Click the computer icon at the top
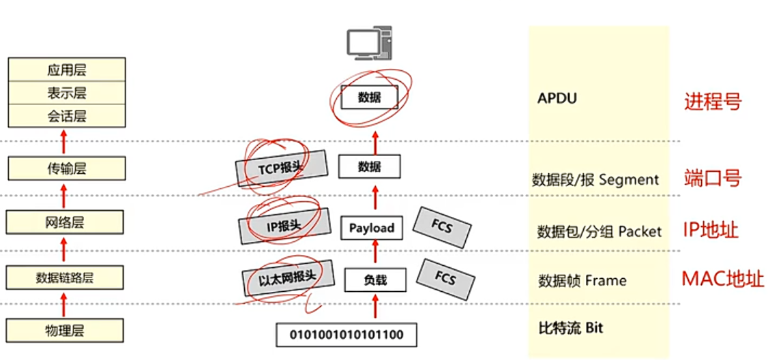point(369,43)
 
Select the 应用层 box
point(66,70)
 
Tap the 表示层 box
point(66,93)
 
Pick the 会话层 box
point(66,116)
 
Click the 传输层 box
point(66,168)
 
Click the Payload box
point(371,228)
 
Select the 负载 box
point(374,280)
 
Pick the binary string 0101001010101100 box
point(346,334)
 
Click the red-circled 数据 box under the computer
point(368,97)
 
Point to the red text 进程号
point(712,102)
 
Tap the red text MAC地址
point(722,278)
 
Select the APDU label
point(557,98)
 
